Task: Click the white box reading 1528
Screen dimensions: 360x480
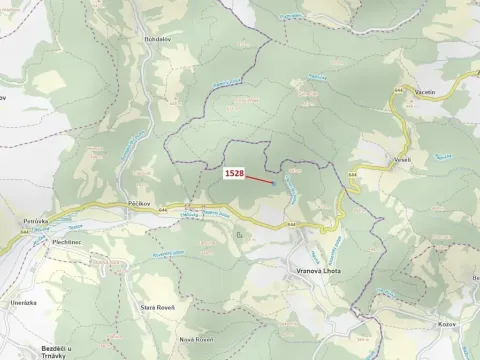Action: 234,173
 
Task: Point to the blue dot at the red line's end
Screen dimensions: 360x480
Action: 274,182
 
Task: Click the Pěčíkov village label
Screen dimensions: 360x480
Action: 139,203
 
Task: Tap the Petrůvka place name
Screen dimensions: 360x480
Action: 35,219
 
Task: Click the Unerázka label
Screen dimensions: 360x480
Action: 24,302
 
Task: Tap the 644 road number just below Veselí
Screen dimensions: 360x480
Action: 353,177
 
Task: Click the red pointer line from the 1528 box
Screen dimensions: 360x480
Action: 259,178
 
